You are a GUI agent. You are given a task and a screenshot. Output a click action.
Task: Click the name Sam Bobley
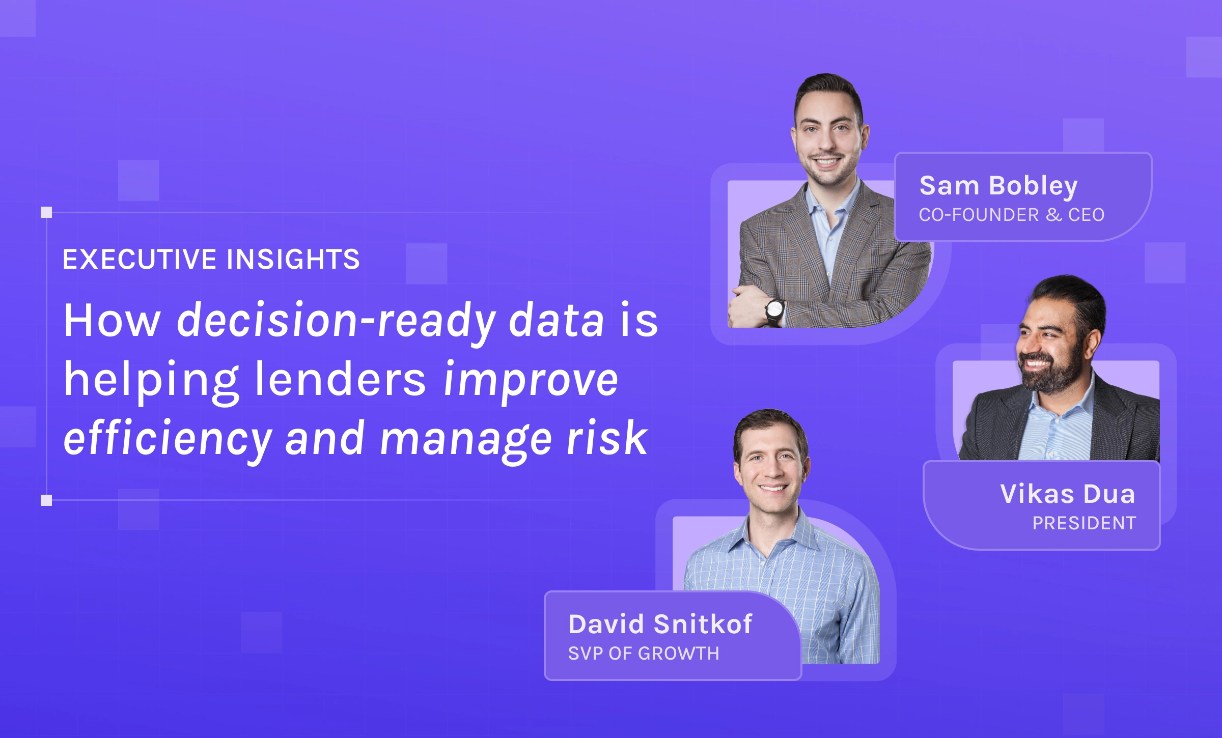coord(998,186)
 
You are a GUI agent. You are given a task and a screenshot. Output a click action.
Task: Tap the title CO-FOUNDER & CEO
coord(1012,215)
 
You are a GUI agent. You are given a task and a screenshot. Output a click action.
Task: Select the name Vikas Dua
coord(1068,494)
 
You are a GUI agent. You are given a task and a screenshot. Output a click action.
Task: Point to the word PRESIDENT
coord(1084,523)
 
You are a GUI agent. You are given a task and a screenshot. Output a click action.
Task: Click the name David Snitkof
coord(660,624)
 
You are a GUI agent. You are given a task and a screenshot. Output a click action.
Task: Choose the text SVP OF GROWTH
coord(644,654)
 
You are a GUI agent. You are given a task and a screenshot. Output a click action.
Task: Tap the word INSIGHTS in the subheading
coord(293,259)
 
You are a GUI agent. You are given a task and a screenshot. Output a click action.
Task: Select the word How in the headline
coord(112,320)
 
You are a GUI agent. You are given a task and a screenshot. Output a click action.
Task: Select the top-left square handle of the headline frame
coord(46,212)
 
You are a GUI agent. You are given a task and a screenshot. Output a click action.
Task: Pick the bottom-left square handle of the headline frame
coord(46,500)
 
